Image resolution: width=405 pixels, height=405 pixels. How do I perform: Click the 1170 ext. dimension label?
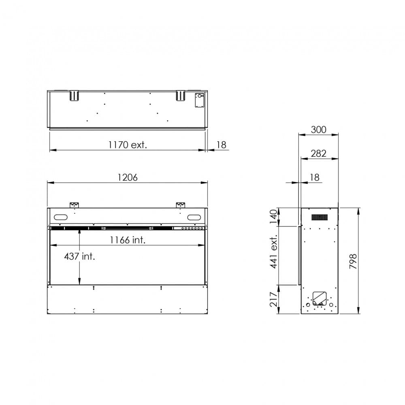(128, 145)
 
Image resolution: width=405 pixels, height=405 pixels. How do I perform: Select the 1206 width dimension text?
(128, 177)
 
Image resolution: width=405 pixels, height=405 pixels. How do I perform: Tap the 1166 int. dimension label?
(128, 240)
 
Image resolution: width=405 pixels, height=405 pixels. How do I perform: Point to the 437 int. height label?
(79, 256)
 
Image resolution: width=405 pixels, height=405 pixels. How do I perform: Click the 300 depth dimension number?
(318, 130)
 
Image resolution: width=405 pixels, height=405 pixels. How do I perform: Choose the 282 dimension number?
(318, 153)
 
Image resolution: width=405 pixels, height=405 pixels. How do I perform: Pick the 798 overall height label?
(353, 261)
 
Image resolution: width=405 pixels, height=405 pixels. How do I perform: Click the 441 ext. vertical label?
(273, 252)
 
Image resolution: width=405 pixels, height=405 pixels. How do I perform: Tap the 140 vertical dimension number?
(273, 217)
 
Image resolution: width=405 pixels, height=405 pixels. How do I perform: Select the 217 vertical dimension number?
(273, 299)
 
